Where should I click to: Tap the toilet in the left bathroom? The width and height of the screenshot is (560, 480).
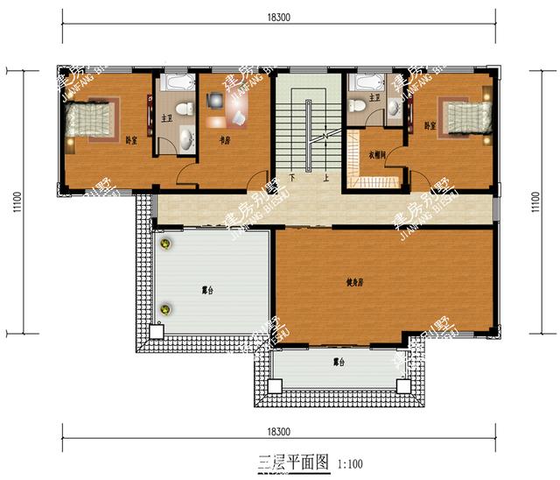[183, 109]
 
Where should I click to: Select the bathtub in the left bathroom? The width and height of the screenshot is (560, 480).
[179, 84]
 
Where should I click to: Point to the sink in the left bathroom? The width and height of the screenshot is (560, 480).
[187, 138]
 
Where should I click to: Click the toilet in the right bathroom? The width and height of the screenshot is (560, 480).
[358, 106]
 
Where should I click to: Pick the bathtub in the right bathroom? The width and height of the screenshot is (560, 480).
[366, 83]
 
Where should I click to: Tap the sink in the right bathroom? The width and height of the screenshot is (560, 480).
[394, 108]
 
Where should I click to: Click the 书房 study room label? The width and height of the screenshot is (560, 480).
[225, 139]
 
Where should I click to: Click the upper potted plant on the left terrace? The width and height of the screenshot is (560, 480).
[163, 244]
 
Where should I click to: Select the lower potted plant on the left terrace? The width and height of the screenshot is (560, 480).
[163, 307]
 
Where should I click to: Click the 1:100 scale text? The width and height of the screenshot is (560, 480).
[349, 464]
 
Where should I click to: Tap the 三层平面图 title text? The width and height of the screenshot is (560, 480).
[293, 462]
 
